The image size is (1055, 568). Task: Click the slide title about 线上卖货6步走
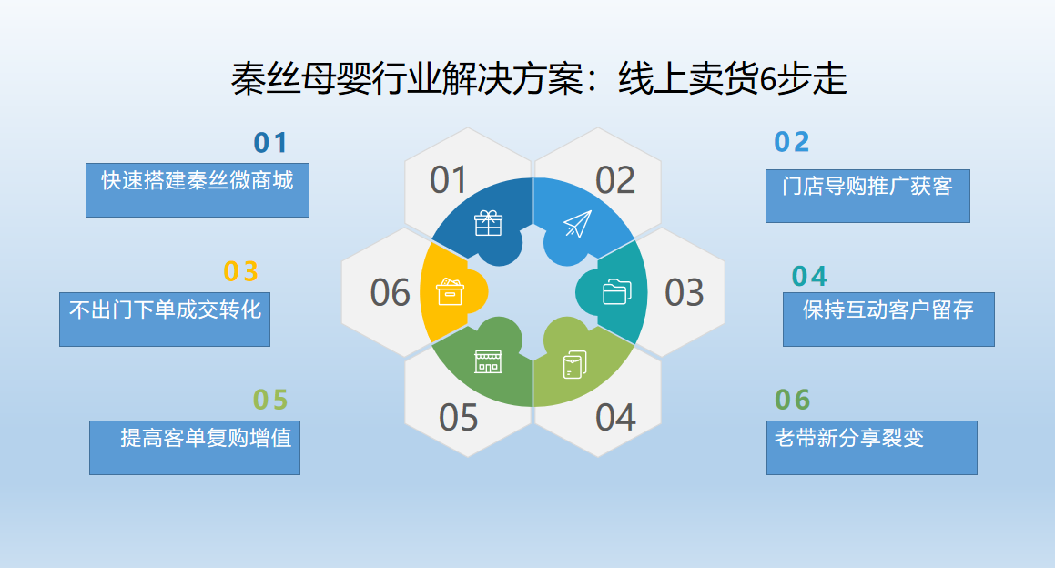coord(539,80)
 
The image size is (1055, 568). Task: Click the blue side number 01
coord(270,143)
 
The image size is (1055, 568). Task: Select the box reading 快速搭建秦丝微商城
coord(198,189)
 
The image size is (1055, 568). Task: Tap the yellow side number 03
coord(241,272)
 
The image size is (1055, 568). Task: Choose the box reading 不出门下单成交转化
coord(165,319)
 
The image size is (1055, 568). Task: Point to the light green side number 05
coord(270,401)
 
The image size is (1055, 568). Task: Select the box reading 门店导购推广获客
coord(867,195)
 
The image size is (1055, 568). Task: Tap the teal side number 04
coord(809,276)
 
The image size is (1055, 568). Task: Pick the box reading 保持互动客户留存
coord(888,319)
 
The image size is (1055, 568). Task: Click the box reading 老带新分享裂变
coord(871,447)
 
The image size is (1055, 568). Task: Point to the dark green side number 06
coord(792,400)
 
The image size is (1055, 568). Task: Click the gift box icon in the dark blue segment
coord(489,223)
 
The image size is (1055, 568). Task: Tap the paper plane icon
coord(577,224)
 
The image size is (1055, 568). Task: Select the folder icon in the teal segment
coord(616,291)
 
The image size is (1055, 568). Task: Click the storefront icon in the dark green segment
coord(488,361)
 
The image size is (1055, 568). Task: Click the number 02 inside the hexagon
coord(614,180)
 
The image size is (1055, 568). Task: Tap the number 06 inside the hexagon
coord(390,293)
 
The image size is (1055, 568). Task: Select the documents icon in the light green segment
coord(575,364)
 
